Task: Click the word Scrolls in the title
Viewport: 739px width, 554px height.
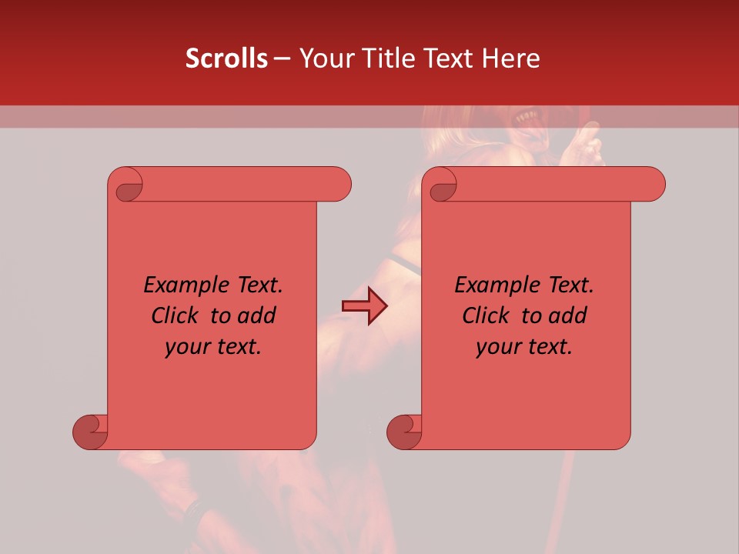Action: pos(226,58)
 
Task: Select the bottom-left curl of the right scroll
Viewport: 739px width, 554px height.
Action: pos(404,431)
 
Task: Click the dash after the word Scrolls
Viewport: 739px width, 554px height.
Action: pos(283,58)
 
